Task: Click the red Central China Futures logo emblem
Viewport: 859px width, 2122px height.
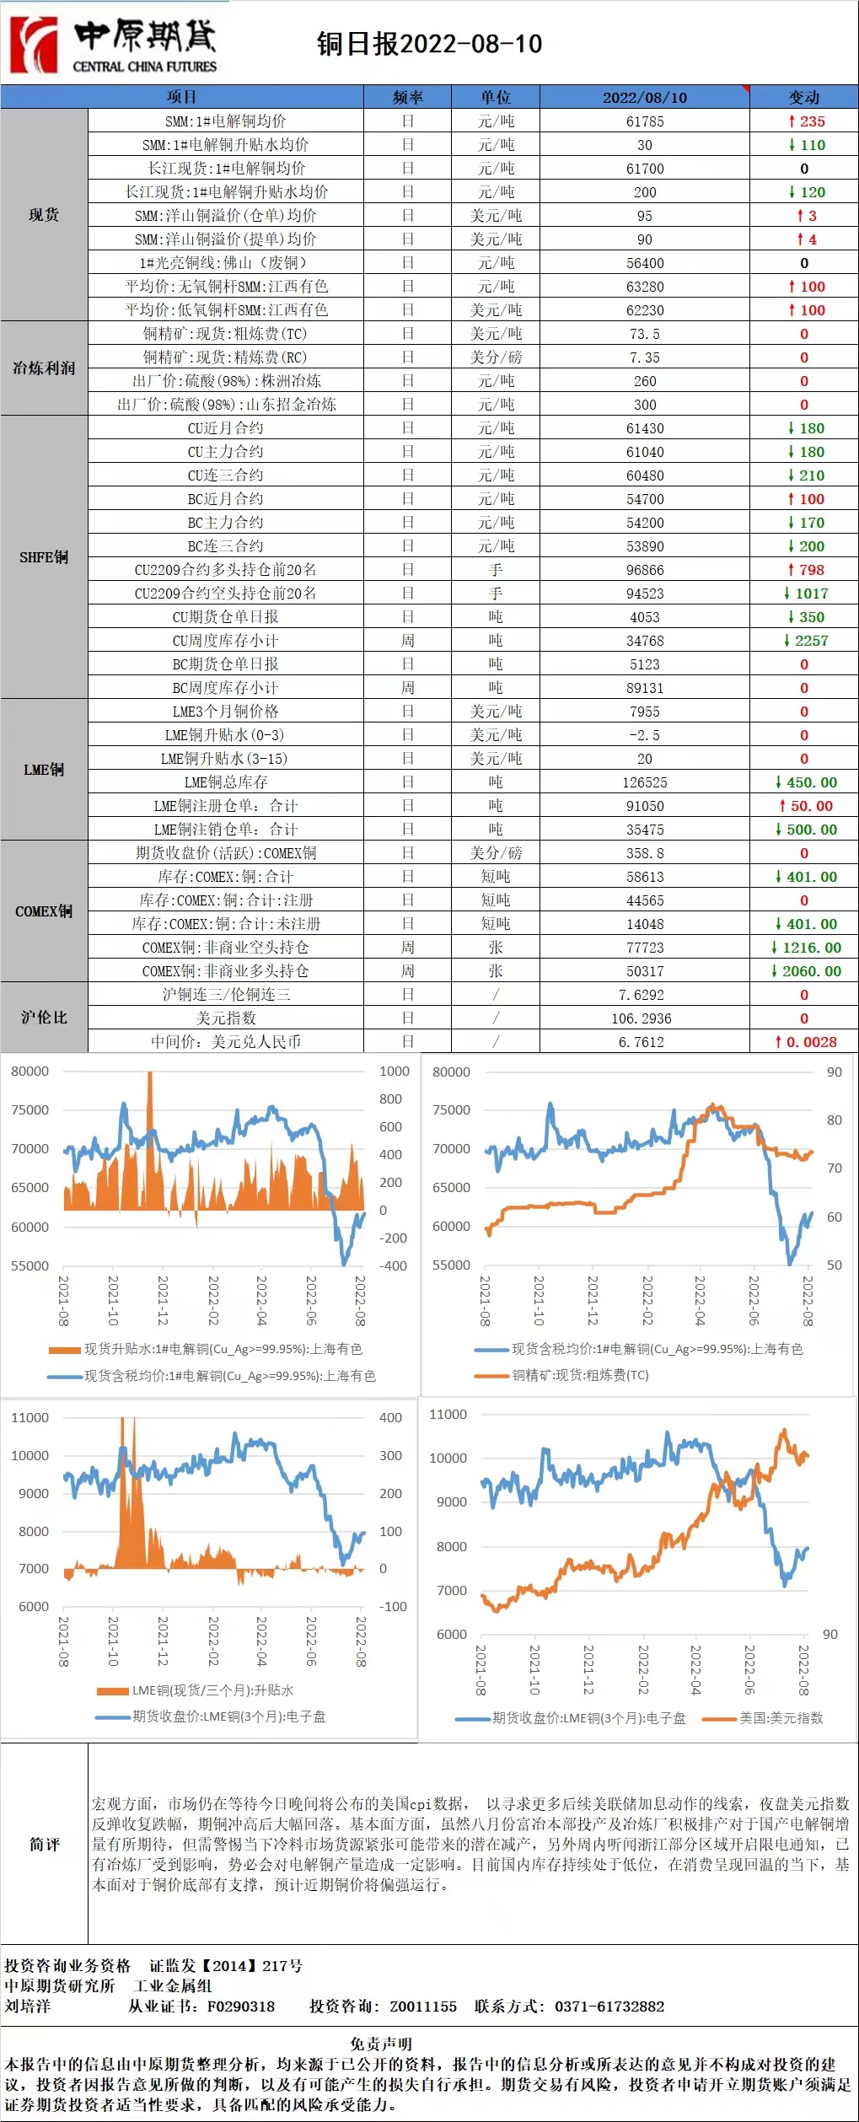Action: coord(34,44)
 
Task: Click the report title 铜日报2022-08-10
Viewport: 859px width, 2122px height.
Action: coord(429,44)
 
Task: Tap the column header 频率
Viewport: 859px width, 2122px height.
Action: coord(408,97)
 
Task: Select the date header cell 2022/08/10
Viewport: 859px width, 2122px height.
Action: coord(644,97)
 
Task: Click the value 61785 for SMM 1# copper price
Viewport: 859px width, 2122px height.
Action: coord(644,121)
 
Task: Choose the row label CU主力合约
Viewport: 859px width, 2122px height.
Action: coord(225,452)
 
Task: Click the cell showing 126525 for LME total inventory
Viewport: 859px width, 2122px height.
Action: coord(644,782)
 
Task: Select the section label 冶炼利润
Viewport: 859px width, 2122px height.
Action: coord(44,368)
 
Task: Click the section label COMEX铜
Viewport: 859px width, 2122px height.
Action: coord(44,911)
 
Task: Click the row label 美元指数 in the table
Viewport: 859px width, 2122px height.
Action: coord(225,1018)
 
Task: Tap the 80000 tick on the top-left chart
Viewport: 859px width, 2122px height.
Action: coord(30,1072)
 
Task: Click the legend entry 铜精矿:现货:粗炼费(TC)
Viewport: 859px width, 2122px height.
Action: coord(580,1375)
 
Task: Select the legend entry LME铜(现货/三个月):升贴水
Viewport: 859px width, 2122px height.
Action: coord(212,1690)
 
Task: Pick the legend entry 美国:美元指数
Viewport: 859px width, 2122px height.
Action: coord(781,1718)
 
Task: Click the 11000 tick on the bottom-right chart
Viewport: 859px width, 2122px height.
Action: coord(448,1414)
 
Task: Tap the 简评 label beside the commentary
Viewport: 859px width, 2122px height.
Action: coord(45,1845)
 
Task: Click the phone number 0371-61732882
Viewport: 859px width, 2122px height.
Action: coord(609,2006)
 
